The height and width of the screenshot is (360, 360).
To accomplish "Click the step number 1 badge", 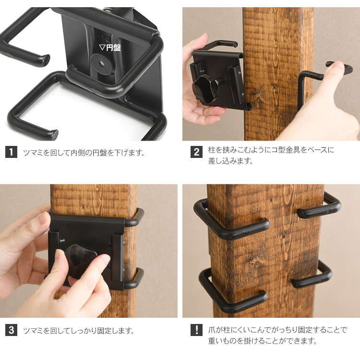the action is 11,152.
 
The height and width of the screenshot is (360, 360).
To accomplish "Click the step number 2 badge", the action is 196,152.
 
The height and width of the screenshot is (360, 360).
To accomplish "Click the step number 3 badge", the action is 11,330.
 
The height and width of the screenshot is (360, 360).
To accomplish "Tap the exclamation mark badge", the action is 196,330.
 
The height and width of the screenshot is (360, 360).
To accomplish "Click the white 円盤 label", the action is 110,48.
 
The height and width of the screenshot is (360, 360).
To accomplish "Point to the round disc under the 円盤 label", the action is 101,63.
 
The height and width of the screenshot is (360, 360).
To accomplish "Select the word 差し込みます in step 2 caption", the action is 230,161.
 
